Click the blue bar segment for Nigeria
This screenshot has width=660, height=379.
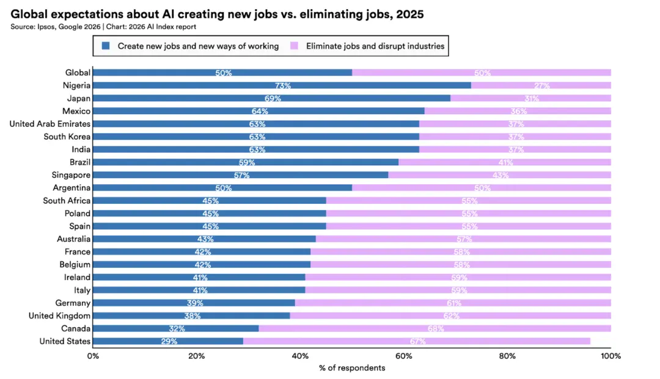point(281,85)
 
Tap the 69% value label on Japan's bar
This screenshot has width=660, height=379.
point(273,98)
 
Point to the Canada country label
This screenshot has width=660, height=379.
point(76,328)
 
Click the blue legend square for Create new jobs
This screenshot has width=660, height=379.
point(106,46)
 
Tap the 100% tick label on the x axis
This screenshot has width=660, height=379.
point(610,356)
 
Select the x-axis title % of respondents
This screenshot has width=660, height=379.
point(352,368)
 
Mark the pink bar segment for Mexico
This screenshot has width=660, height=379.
point(517,111)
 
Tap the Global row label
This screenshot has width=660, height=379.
point(78,73)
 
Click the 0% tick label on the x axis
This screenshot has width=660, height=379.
point(93,356)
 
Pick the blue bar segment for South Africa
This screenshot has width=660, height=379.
point(209,201)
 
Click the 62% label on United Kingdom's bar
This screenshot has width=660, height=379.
point(451,316)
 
